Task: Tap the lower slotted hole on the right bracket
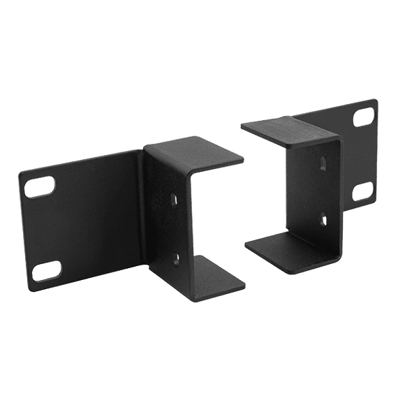pyautogui.click(x=361, y=190)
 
